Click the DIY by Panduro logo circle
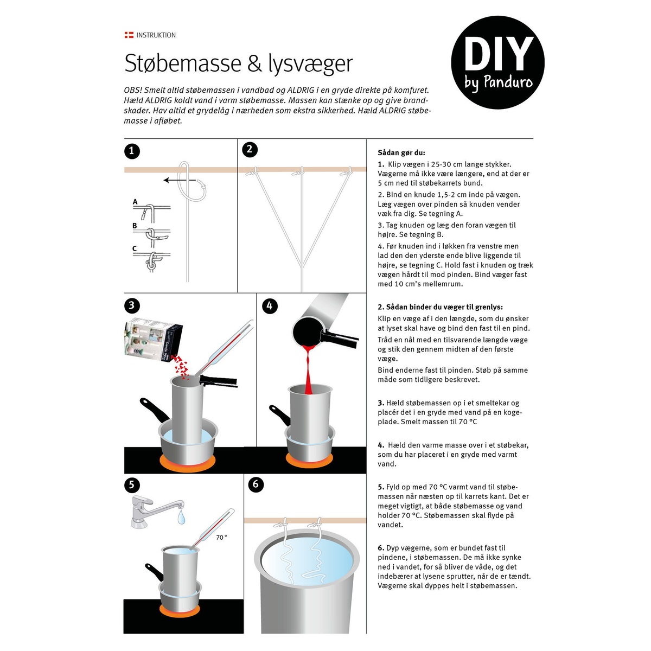pos(497,62)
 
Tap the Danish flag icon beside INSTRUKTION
pos(129,35)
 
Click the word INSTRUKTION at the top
pos(156,35)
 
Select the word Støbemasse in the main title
pos(183,63)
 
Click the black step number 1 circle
pos(132,151)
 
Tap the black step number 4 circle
pos(270,306)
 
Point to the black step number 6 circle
pos(256,484)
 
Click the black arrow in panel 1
pos(180,180)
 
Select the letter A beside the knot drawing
pos(135,202)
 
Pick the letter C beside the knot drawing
pos(135,248)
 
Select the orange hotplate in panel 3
pos(188,462)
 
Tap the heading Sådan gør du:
pos(401,152)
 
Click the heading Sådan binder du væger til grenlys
pos(440,307)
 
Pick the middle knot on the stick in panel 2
pos(298,173)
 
